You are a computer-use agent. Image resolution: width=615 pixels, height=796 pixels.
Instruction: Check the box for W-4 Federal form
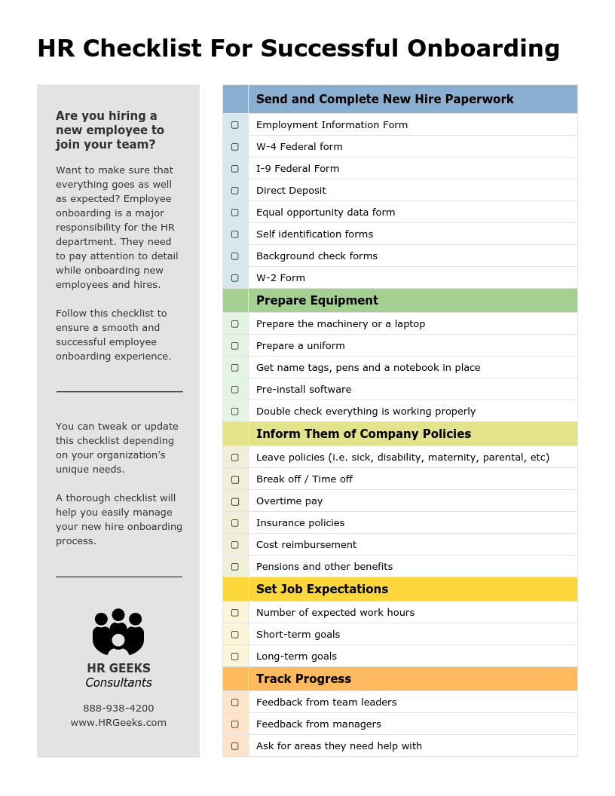click(x=234, y=147)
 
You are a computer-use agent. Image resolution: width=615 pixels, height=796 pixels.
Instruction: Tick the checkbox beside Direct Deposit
click(x=234, y=191)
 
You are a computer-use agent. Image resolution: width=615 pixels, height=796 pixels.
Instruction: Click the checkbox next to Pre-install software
click(x=234, y=390)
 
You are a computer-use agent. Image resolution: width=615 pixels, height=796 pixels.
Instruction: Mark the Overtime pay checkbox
click(x=234, y=501)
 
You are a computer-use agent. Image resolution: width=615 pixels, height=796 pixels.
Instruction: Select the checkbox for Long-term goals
click(x=234, y=657)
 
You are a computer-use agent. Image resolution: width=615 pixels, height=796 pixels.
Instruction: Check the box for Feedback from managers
click(x=234, y=724)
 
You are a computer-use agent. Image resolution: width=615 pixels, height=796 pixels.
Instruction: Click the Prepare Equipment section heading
click(x=317, y=301)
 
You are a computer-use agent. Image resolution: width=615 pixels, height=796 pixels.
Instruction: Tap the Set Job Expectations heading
click(x=322, y=589)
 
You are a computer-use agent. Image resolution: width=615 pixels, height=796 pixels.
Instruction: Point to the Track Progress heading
click(x=303, y=679)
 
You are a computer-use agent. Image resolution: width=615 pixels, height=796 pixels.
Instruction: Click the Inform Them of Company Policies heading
click(x=363, y=434)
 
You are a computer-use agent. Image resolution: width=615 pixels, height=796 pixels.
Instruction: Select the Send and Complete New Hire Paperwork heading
click(x=384, y=99)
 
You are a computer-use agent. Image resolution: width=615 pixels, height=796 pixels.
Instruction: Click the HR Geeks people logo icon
click(x=118, y=632)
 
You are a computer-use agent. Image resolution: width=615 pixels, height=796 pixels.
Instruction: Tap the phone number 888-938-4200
click(x=118, y=709)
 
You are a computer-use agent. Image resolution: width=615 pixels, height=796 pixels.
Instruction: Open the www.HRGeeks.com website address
click(x=118, y=723)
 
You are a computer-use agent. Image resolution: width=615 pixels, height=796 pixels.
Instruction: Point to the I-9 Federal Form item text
click(x=298, y=169)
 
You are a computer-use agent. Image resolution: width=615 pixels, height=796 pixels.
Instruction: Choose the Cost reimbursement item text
click(x=306, y=545)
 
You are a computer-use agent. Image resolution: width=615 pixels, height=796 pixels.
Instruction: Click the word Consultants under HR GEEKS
click(x=118, y=683)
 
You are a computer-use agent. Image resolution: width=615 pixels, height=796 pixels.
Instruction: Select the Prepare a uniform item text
click(x=300, y=346)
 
